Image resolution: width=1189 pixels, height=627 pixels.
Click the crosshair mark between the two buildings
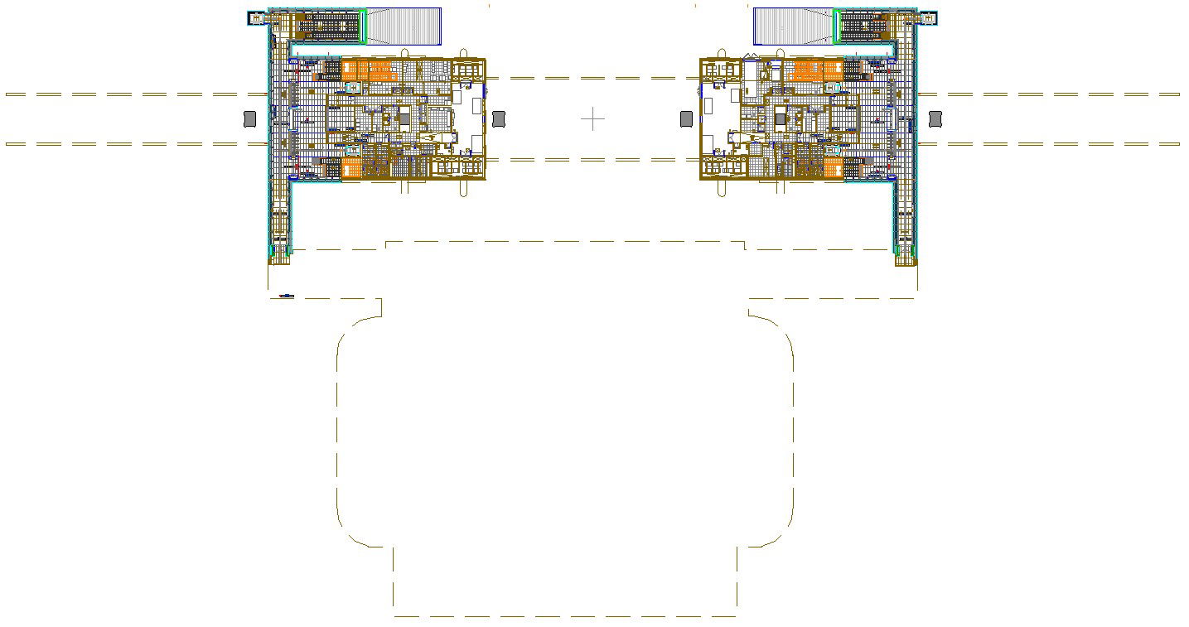pyautogui.click(x=592, y=119)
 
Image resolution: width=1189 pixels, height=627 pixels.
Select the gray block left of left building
pyautogui.click(x=250, y=119)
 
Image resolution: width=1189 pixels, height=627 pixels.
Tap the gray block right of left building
pyautogui.click(x=499, y=119)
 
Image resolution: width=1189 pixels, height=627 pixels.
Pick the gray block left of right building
pyautogui.click(x=687, y=119)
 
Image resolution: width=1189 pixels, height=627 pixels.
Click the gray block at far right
pyautogui.click(x=935, y=119)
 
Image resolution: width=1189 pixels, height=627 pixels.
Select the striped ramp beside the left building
pyautogui.click(x=404, y=26)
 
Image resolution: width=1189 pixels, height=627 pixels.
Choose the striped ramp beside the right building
pyautogui.click(x=793, y=26)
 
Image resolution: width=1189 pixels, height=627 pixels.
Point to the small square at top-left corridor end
pyautogui.click(x=257, y=17)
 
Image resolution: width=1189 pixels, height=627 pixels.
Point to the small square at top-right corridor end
pyautogui.click(x=928, y=17)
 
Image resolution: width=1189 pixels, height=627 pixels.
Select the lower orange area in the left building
pyautogui.click(x=351, y=169)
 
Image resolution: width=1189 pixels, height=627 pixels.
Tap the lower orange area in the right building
pyautogui.click(x=834, y=169)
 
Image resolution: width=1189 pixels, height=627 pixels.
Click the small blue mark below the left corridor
pyautogui.click(x=287, y=296)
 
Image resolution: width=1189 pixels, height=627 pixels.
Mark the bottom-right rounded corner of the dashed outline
pyautogui.click(x=779, y=534)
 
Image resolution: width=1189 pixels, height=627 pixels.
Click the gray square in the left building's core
pyautogui.click(x=404, y=118)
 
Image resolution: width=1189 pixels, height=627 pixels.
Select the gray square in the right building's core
pyautogui.click(x=781, y=119)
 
